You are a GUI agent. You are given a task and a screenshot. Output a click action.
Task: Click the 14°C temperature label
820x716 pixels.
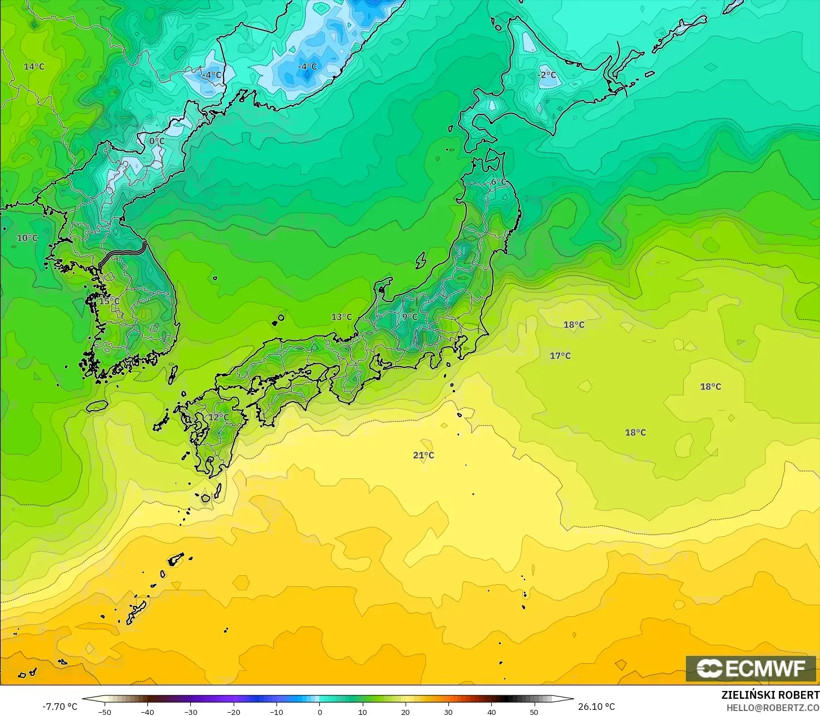point(34,67)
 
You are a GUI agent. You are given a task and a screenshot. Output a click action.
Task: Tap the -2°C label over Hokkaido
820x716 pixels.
point(547,75)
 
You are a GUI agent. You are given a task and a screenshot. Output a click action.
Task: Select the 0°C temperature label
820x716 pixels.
point(157,141)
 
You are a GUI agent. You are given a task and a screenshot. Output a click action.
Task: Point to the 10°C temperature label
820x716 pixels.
point(27,238)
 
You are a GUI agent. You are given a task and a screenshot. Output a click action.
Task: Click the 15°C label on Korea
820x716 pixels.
point(109,301)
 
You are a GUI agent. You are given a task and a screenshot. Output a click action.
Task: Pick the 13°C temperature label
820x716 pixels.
point(342,317)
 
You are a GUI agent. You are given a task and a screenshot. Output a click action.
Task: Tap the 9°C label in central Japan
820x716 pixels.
point(409,317)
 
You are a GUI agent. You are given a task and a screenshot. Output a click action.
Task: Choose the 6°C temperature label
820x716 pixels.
point(498,182)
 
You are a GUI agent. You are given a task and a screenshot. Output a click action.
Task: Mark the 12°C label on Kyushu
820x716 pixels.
point(219,417)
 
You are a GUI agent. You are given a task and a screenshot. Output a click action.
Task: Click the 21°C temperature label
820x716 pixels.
point(423,455)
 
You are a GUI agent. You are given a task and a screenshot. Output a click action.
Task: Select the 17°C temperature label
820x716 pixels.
point(560,356)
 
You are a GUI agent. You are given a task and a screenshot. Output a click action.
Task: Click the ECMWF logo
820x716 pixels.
point(750,668)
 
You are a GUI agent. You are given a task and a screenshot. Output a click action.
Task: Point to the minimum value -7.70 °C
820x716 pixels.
point(60,707)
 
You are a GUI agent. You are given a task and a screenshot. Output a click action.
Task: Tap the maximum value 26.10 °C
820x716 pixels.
point(596,707)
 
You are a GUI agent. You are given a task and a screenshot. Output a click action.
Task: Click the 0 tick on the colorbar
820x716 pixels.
point(319,712)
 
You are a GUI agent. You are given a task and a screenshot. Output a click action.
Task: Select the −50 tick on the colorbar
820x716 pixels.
point(104,712)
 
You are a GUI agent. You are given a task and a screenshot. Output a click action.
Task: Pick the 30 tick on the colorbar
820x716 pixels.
point(448,712)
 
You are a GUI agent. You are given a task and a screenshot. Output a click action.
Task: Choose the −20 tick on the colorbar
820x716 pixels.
point(233,712)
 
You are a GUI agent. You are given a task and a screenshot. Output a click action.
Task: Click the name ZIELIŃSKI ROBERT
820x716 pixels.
point(770,695)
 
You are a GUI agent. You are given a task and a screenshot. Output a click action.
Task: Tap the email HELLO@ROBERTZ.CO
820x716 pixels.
point(773,707)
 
